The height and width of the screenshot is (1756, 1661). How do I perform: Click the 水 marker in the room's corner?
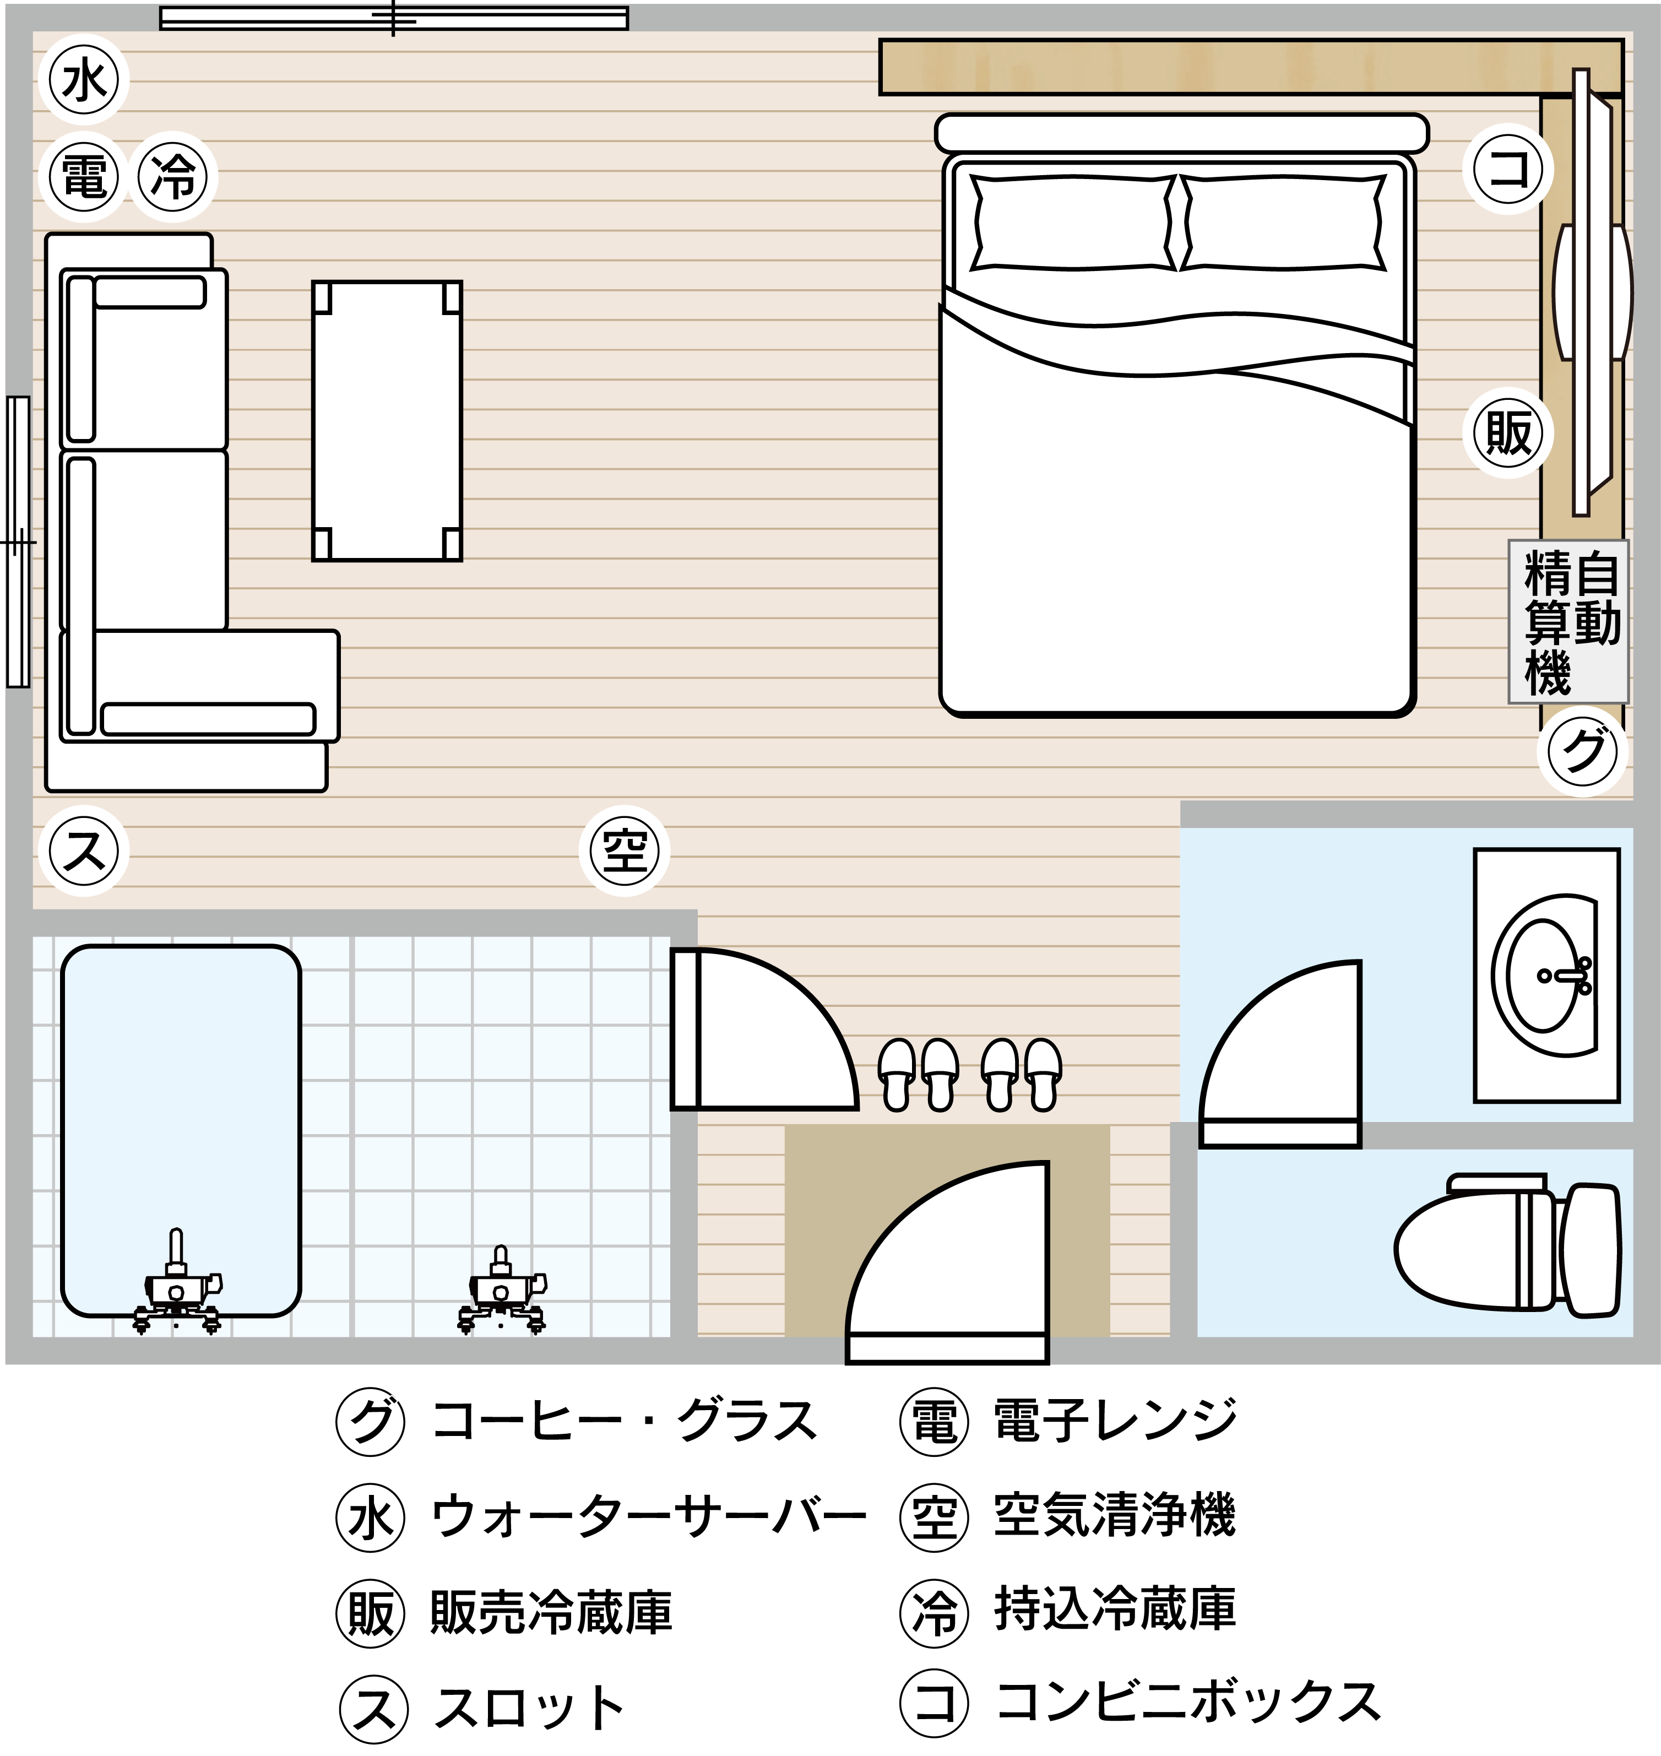pyautogui.click(x=84, y=80)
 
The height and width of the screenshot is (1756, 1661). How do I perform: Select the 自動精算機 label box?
pyautogui.click(x=1568, y=622)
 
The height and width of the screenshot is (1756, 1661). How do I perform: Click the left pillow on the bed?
pyautogui.click(x=1074, y=223)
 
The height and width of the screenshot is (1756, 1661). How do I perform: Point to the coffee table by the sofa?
pyautogui.click(x=387, y=421)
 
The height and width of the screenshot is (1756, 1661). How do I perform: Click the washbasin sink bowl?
pyautogui.click(x=1545, y=975)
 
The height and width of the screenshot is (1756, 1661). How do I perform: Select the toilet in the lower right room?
pyautogui.click(x=1508, y=1245)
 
